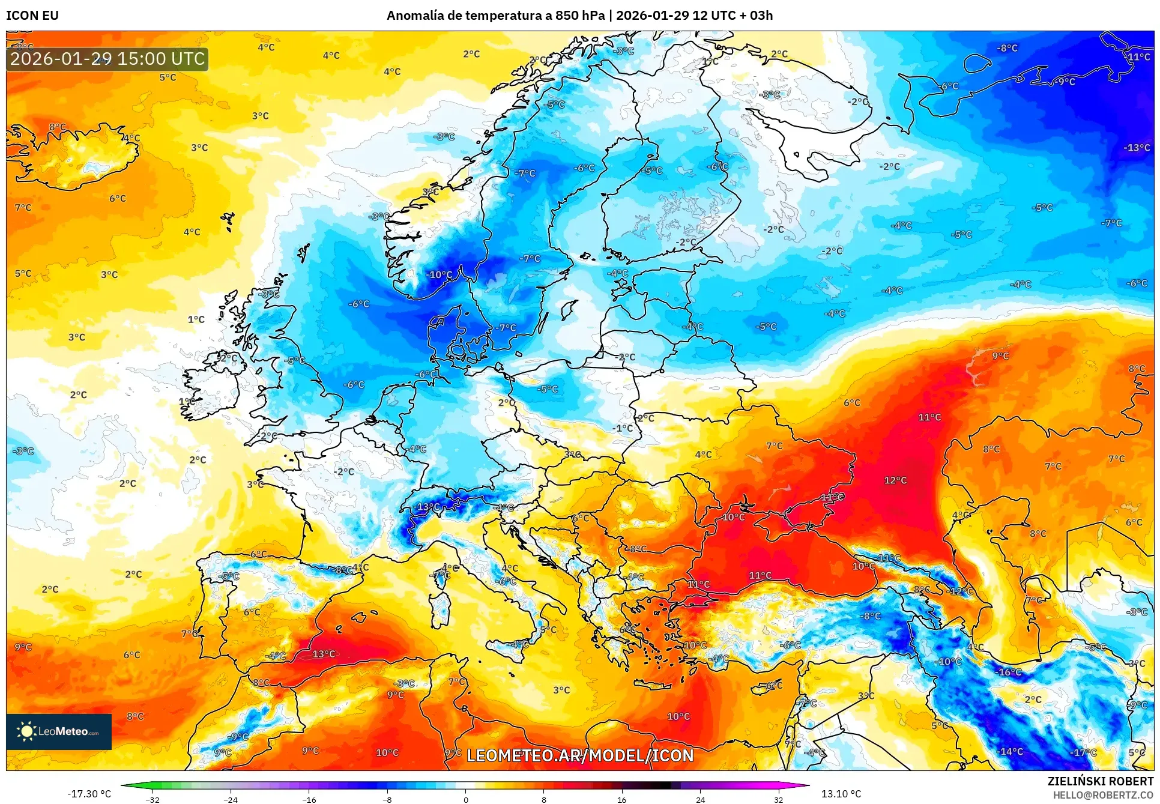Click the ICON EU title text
tap(32, 16)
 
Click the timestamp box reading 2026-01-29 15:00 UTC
tap(107, 59)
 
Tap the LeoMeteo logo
tap(58, 731)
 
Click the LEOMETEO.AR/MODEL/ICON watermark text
tap(580, 755)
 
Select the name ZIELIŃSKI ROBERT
tap(1100, 781)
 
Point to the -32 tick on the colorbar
tap(153, 800)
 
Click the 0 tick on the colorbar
tap(465, 800)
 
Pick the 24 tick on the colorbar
tap(700, 800)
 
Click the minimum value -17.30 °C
tap(89, 794)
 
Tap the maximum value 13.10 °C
tap(841, 794)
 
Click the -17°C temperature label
tap(1083, 752)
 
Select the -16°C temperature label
tap(1009, 672)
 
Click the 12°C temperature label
tap(895, 480)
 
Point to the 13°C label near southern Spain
tap(324, 654)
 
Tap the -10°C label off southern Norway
tap(439, 275)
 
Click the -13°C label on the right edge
tap(1136, 148)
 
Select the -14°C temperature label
tap(1010, 751)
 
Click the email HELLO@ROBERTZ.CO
tap(1103, 795)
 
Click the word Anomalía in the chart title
tap(414, 16)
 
